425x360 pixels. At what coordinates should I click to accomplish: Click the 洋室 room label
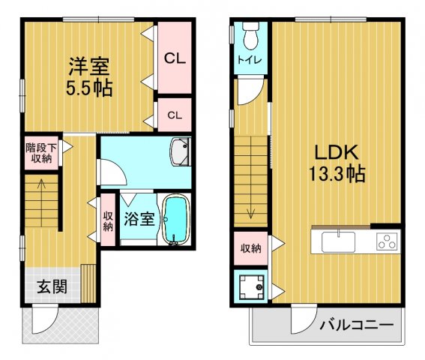point(89,65)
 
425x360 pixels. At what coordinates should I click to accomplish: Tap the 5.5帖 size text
point(89,87)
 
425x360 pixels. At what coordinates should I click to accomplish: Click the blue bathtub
point(175,220)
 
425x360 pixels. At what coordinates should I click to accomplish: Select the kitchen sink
point(339,242)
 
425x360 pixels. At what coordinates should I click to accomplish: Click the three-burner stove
point(387,242)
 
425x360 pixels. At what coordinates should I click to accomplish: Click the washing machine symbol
point(249,286)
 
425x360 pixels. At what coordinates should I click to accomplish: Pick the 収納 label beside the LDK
point(250,247)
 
